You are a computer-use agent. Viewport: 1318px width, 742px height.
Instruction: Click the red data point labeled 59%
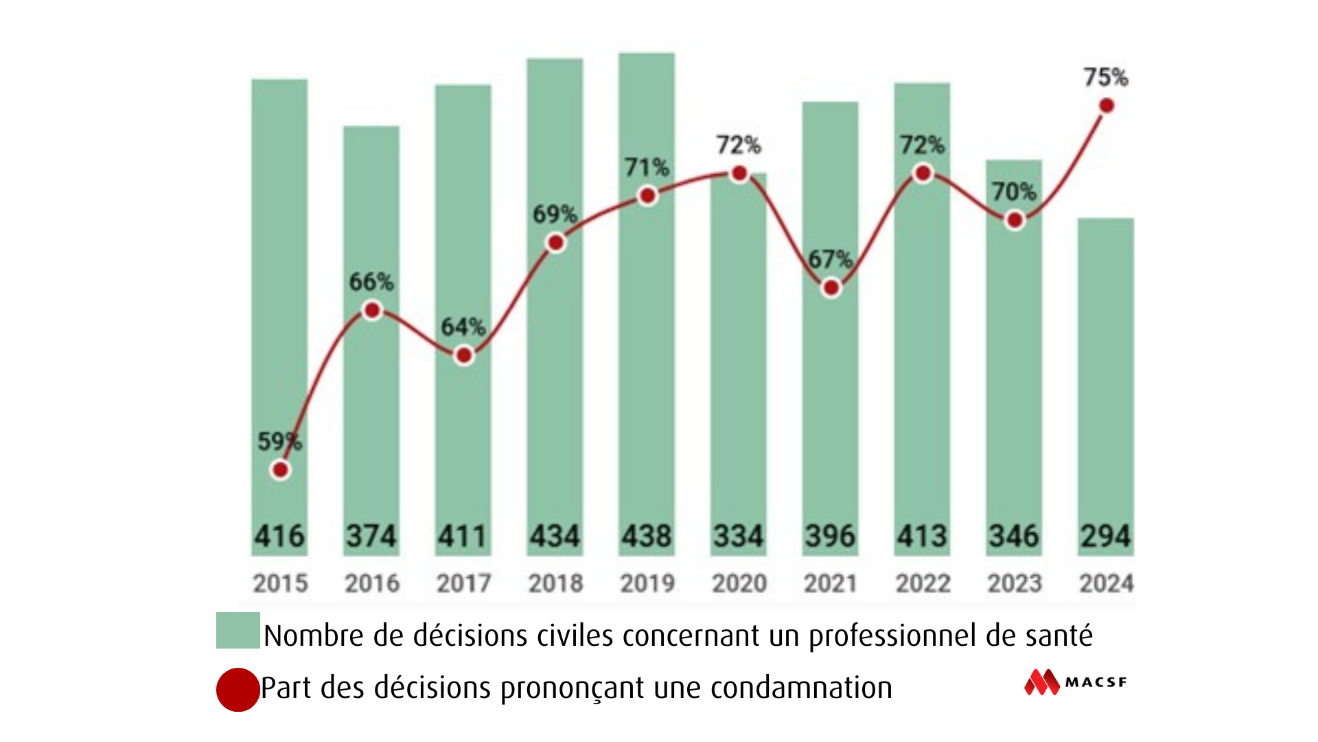[x=280, y=470]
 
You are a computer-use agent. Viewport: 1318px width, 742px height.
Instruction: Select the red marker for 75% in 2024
[x=1107, y=106]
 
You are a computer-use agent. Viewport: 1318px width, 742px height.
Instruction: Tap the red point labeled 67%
[x=831, y=288]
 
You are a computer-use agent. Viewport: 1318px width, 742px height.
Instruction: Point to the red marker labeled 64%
[x=464, y=355]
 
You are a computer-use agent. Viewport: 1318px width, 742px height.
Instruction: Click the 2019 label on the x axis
[x=647, y=583]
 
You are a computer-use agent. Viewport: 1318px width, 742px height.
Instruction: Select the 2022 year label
[x=923, y=583]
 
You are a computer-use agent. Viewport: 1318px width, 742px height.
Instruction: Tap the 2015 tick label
[x=280, y=583]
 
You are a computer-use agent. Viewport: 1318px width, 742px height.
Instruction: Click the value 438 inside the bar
[x=647, y=537]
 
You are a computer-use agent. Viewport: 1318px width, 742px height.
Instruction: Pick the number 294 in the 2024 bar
[x=1105, y=537]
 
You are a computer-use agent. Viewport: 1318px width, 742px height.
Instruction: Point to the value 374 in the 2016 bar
[x=371, y=537]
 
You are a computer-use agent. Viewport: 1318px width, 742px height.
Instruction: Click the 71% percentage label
[x=647, y=167]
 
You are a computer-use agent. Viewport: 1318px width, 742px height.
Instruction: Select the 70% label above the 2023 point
[x=1014, y=192]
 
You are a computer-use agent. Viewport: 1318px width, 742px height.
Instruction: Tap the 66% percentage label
[x=371, y=282]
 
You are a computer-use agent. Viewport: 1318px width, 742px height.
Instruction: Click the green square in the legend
[x=238, y=630]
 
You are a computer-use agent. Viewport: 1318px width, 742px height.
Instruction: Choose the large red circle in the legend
[x=238, y=689]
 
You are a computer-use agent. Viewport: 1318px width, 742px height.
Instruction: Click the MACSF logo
[x=1076, y=682]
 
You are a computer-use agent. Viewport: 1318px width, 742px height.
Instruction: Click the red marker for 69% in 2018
[x=556, y=243]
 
